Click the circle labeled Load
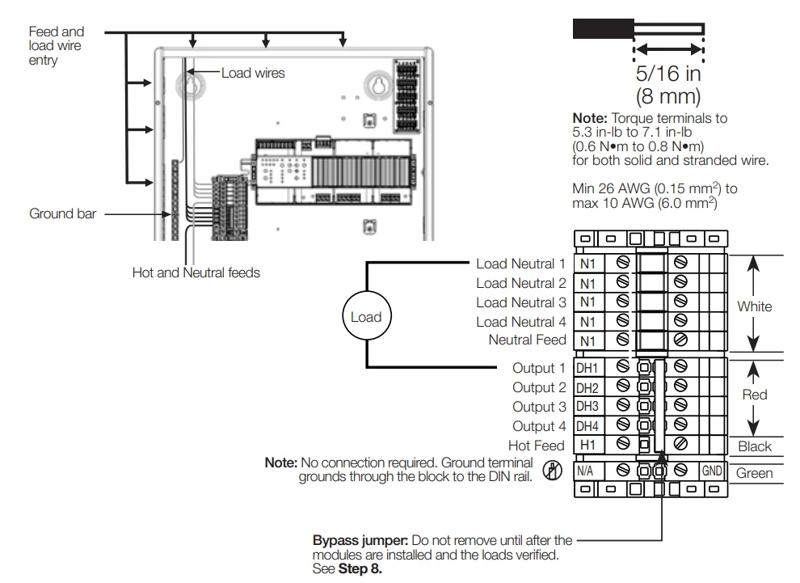coord(365,317)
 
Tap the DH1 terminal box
coord(587,368)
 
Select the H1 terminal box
coord(587,445)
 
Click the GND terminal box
coord(711,470)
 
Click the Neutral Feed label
coord(527,340)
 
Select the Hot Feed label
coord(537,446)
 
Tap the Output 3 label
coord(539,407)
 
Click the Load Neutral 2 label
coord(520,283)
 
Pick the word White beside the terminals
coord(754,306)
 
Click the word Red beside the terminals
coord(754,395)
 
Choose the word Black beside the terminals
coord(755,446)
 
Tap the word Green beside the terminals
coord(755,473)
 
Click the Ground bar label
coord(62,214)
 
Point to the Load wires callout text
coord(253,73)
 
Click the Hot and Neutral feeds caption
coord(196,272)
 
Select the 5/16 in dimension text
coord(668,74)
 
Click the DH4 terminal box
coord(587,426)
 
